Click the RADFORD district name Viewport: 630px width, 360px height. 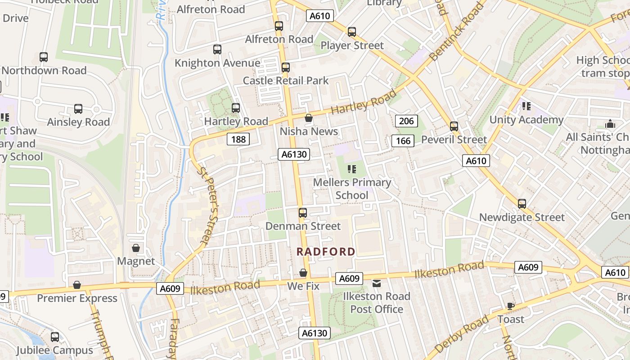point(326,252)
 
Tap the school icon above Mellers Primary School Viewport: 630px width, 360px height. point(352,169)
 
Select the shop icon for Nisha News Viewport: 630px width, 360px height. point(309,118)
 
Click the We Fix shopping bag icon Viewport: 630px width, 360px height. point(303,273)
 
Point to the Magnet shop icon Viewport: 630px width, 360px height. point(135,248)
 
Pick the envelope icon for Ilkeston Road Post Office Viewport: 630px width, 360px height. point(377,283)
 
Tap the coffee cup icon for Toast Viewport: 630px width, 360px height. point(510,306)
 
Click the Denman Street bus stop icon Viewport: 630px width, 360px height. point(303,213)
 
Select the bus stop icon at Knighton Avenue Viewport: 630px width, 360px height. point(217,49)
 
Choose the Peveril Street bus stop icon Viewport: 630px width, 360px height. point(454,126)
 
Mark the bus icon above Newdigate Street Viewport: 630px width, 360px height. point(522,204)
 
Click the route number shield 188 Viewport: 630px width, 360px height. point(238,139)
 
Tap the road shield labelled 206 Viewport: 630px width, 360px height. point(406,121)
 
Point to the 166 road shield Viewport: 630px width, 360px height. point(403,141)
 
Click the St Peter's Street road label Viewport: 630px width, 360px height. point(208,206)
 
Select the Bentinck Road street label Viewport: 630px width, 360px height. point(455,32)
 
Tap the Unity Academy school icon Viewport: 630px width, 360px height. point(526,106)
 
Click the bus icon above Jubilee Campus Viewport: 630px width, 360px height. point(55,337)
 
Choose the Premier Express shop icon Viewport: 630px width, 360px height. point(77,285)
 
